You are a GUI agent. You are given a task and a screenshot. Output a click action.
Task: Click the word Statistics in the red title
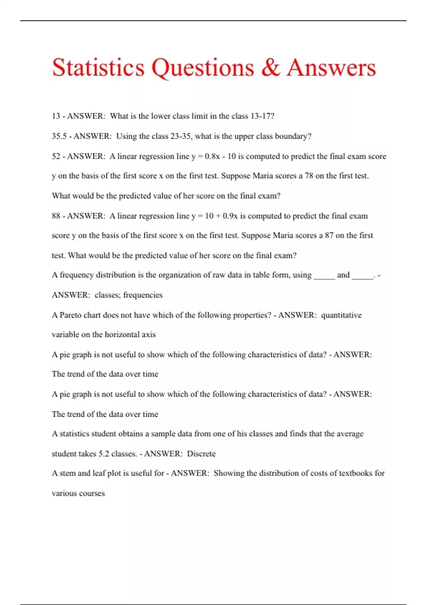[98, 68]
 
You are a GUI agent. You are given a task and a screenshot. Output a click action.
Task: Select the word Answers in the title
[331, 68]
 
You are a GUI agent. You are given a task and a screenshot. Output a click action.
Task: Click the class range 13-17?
[262, 116]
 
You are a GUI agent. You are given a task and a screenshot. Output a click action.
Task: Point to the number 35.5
[59, 136]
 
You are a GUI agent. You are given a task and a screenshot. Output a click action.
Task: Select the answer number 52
[56, 156]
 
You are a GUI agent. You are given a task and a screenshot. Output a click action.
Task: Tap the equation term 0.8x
[212, 156]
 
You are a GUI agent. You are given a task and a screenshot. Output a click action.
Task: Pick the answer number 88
[56, 216]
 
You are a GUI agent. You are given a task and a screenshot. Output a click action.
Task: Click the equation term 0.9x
[230, 216]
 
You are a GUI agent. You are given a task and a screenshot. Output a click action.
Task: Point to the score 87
[329, 235]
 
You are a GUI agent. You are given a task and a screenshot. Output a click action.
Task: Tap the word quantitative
[341, 315]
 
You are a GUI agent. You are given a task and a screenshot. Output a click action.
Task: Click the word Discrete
[201, 454]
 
